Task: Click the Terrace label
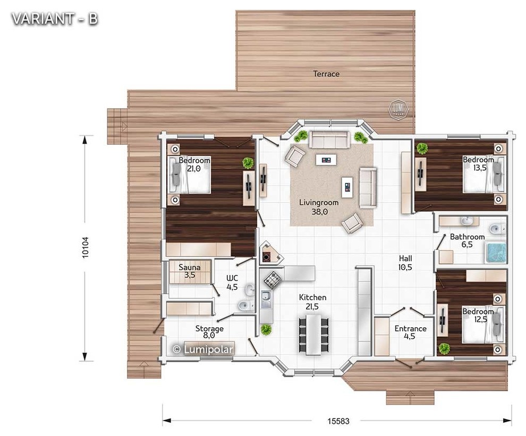[x=326, y=74]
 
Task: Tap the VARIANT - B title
[x=55, y=19]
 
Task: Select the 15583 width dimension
[x=338, y=421]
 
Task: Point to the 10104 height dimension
[x=85, y=247]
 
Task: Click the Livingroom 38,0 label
[x=319, y=207]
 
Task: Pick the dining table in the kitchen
[x=313, y=335]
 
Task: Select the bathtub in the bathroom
[x=496, y=252]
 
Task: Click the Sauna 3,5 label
[x=190, y=271]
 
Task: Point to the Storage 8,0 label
[x=209, y=332]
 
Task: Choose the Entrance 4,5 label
[x=410, y=332]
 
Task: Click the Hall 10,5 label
[x=405, y=263]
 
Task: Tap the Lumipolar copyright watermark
[x=202, y=349]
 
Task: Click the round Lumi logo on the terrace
[x=398, y=109]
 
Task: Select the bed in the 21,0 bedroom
[x=190, y=175]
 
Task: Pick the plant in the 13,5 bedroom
[x=422, y=149]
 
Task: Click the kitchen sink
[x=266, y=299]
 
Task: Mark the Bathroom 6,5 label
[x=467, y=241]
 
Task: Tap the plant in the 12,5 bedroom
[x=444, y=348]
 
